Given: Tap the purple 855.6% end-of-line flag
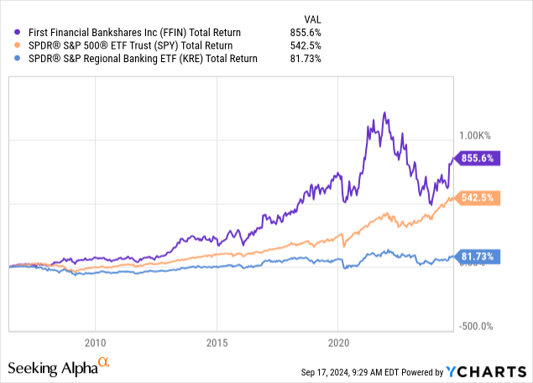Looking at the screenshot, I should pyautogui.click(x=478, y=157).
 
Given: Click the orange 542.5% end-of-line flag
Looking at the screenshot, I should pyautogui.click(x=478, y=198).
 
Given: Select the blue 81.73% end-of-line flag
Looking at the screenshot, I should pyautogui.click(x=478, y=256).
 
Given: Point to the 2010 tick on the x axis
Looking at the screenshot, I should pyautogui.click(x=95, y=343).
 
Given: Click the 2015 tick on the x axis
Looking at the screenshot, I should pyautogui.click(x=217, y=343).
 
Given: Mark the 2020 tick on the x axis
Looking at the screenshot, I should pyautogui.click(x=337, y=343).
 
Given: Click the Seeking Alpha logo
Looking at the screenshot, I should pyautogui.click(x=58, y=366).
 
